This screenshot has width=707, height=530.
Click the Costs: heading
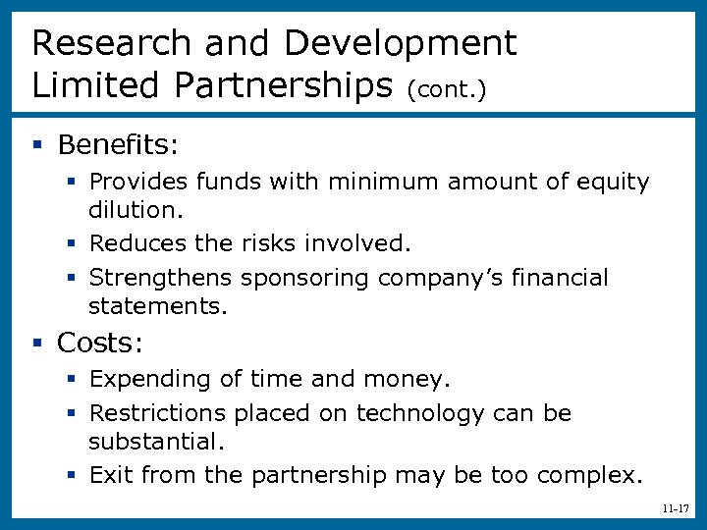(100, 343)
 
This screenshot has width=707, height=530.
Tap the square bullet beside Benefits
(37, 146)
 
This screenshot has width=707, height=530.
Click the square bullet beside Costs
(37, 344)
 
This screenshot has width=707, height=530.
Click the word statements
(157, 307)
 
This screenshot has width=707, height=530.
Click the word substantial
(152, 442)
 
